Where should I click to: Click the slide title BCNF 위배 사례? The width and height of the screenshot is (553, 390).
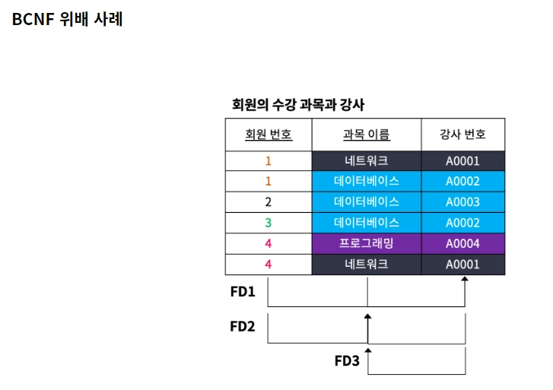click(67, 20)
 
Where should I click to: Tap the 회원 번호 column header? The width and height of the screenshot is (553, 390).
click(268, 135)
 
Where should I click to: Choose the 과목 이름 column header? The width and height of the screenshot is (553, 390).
click(366, 135)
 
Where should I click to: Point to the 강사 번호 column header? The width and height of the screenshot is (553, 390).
click(462, 135)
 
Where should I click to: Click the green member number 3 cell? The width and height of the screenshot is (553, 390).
click(268, 223)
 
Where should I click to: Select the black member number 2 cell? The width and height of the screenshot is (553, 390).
click(268, 202)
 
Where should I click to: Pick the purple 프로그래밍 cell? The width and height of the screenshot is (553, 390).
click(366, 243)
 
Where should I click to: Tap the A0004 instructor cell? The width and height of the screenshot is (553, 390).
click(462, 243)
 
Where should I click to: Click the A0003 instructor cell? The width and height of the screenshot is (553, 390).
click(462, 202)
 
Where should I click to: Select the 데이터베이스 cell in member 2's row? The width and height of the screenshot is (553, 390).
click(366, 202)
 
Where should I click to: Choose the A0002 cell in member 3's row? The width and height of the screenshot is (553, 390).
click(462, 223)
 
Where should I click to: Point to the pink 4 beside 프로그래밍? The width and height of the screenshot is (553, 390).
click(268, 243)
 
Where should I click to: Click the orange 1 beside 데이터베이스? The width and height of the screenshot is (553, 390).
click(268, 182)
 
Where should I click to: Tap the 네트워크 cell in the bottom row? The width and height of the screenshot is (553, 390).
click(366, 264)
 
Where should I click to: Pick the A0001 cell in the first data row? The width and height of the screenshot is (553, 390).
click(462, 161)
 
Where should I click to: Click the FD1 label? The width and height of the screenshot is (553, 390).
click(243, 292)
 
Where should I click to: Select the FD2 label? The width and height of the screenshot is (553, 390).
click(243, 326)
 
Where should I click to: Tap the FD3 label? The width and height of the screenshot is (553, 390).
click(347, 360)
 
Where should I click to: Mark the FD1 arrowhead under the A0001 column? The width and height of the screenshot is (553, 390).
click(465, 281)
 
